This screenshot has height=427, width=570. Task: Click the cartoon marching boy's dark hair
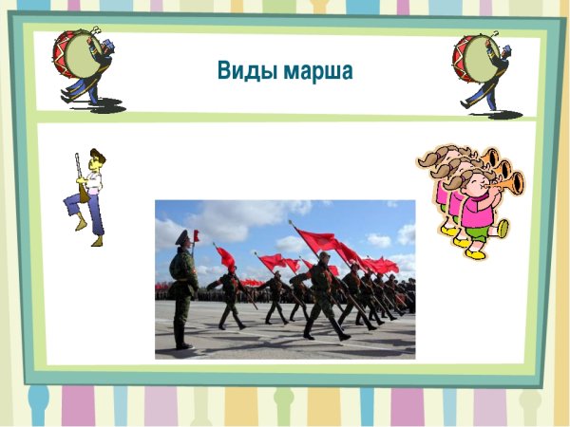97,156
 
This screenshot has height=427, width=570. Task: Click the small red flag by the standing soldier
196,235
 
